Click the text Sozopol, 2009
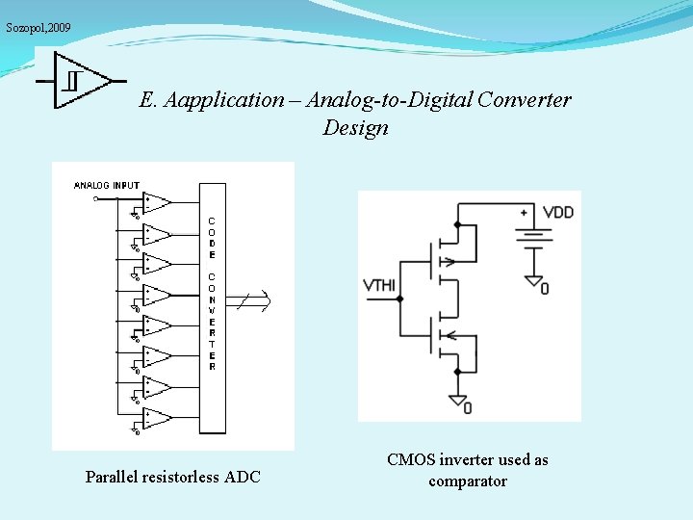click(38, 28)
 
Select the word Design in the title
click(356, 128)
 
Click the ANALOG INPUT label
click(107, 185)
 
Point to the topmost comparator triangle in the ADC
click(156, 202)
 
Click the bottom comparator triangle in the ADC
click(156, 418)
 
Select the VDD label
click(558, 212)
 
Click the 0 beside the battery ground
click(545, 287)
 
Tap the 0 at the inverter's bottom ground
click(468, 407)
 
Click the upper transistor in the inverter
click(445, 259)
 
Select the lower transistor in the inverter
click(445, 336)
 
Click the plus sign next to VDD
click(524, 212)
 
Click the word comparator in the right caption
click(468, 481)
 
